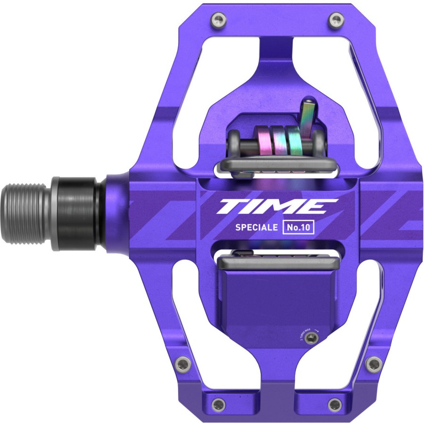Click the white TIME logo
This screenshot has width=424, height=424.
point(277,207)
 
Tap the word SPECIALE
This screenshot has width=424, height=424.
point(256,227)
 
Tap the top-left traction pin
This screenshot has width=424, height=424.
point(218,19)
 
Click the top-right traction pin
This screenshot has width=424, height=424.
point(336,19)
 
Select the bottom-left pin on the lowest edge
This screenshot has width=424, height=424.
point(218,404)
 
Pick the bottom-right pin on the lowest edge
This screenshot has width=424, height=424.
point(335,404)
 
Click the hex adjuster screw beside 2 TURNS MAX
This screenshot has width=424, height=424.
point(310,338)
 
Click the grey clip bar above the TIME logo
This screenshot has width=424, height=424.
point(278,165)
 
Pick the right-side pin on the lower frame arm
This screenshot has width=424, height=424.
point(374,364)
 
